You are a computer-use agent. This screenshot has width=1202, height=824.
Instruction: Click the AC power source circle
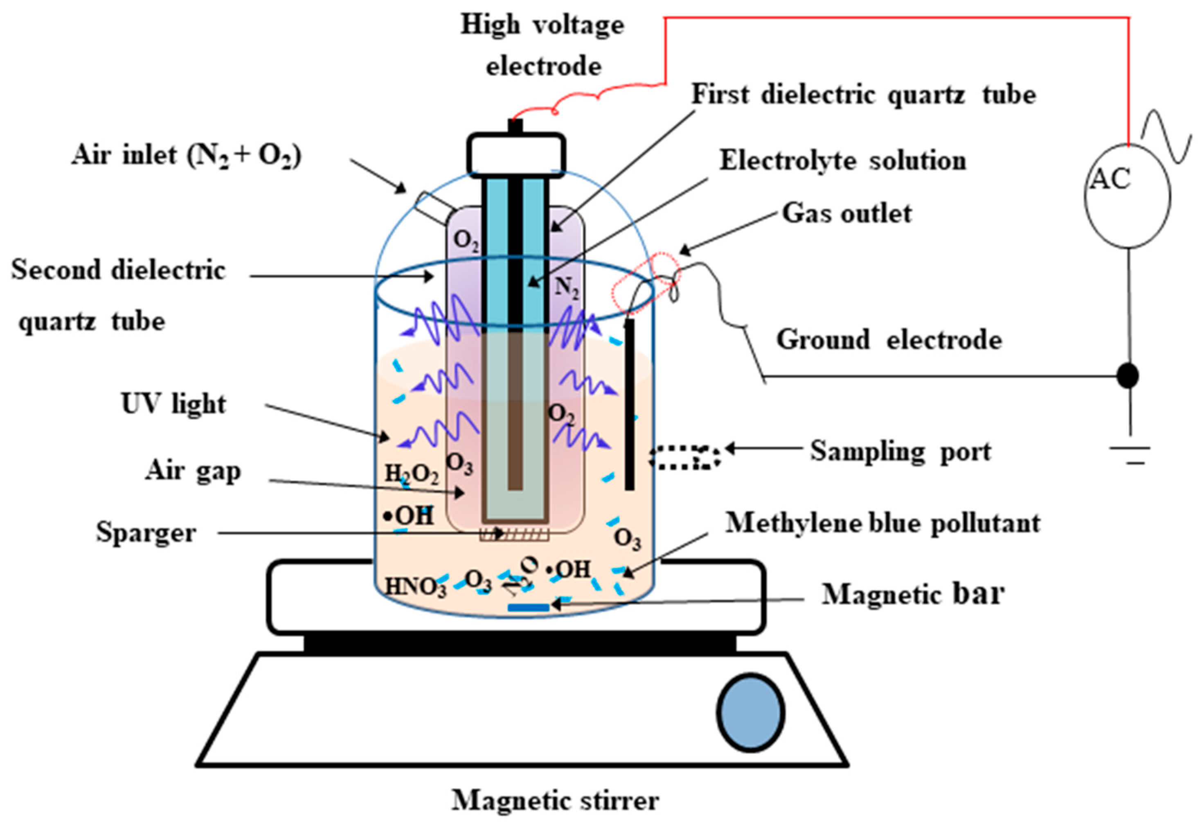[x=1128, y=196]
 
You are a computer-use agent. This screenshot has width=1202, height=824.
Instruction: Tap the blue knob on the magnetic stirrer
[x=750, y=712]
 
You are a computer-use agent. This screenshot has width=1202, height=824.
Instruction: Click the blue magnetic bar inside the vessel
[x=528, y=607]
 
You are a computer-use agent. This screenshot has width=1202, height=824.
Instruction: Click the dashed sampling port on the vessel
[x=685, y=457]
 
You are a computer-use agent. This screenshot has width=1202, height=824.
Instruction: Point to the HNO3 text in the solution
[x=415, y=587]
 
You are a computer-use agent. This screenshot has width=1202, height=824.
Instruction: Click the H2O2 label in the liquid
[x=412, y=474]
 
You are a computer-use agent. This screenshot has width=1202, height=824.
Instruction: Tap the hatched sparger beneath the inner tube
[x=514, y=534]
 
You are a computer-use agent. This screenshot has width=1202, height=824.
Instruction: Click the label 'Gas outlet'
[x=846, y=213]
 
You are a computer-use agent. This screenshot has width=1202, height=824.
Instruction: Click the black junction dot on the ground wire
[x=1128, y=375]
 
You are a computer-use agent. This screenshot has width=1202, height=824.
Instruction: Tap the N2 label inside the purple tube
[x=566, y=287]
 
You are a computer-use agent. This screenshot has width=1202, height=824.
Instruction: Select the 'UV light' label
[x=174, y=404]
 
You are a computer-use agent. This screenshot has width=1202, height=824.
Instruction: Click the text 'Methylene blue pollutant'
[x=883, y=523]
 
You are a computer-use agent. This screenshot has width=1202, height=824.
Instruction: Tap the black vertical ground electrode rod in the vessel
[x=630, y=404]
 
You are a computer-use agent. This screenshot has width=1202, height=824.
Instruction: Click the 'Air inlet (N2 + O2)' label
[x=186, y=155]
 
